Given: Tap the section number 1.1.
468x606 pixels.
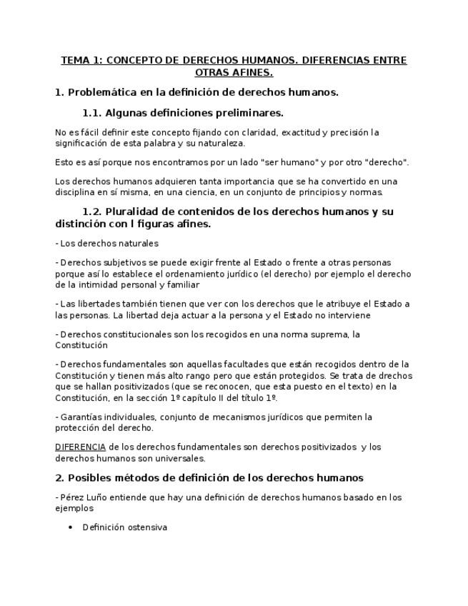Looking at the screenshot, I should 91,113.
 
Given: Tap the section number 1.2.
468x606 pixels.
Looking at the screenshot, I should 91,212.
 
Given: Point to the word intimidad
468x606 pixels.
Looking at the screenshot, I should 107,284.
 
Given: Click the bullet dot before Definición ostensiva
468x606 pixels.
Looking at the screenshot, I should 69,528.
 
